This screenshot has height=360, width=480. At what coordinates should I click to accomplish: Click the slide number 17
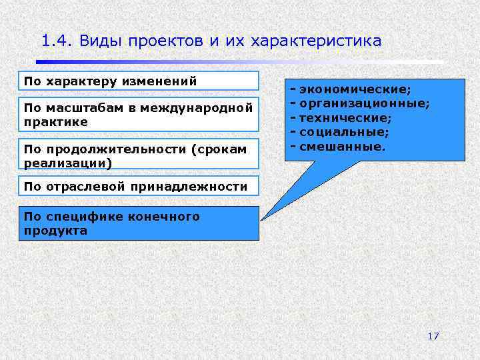tap(433, 335)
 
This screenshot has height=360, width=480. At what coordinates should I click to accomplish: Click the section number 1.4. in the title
tap(56, 41)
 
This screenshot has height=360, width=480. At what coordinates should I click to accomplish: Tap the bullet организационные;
tap(364, 103)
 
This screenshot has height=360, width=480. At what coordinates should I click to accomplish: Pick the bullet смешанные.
tap(342, 145)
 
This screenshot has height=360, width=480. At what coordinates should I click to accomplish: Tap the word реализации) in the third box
tap(67, 163)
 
